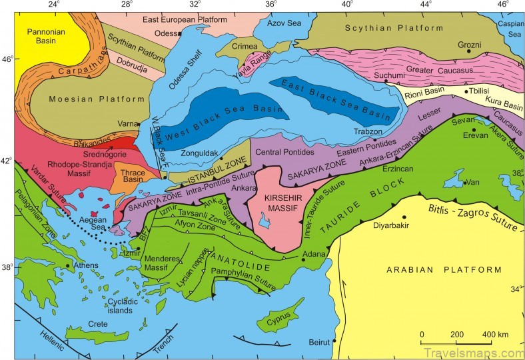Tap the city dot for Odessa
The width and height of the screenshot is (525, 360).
point(180,33)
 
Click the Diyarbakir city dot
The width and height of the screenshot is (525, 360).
point(404,217)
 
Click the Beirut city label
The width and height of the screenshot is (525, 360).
point(319,343)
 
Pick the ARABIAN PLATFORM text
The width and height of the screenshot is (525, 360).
point(442,269)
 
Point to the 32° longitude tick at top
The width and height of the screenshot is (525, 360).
point(195,5)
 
